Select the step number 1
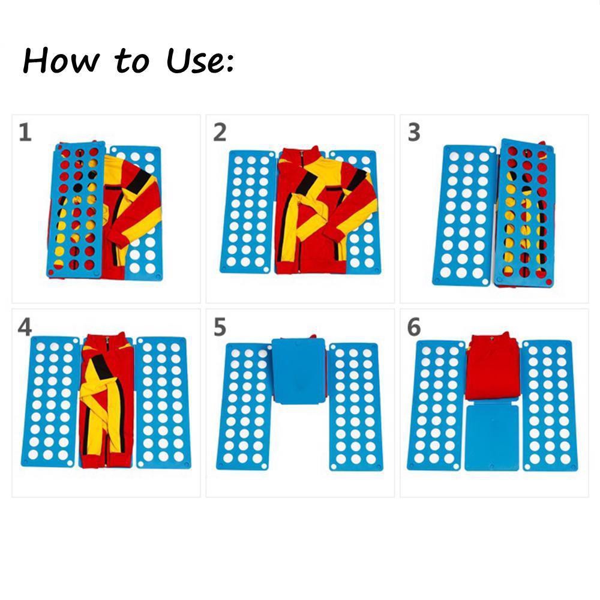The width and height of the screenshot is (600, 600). (25, 132)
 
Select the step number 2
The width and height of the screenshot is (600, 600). (220, 132)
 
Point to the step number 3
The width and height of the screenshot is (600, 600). (414, 132)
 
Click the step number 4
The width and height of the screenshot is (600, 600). (25, 327)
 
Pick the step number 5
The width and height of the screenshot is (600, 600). (220, 327)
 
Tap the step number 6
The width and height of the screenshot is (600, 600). (414, 327)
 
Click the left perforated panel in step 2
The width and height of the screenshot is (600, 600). (247, 212)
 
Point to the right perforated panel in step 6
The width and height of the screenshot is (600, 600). (547, 405)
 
